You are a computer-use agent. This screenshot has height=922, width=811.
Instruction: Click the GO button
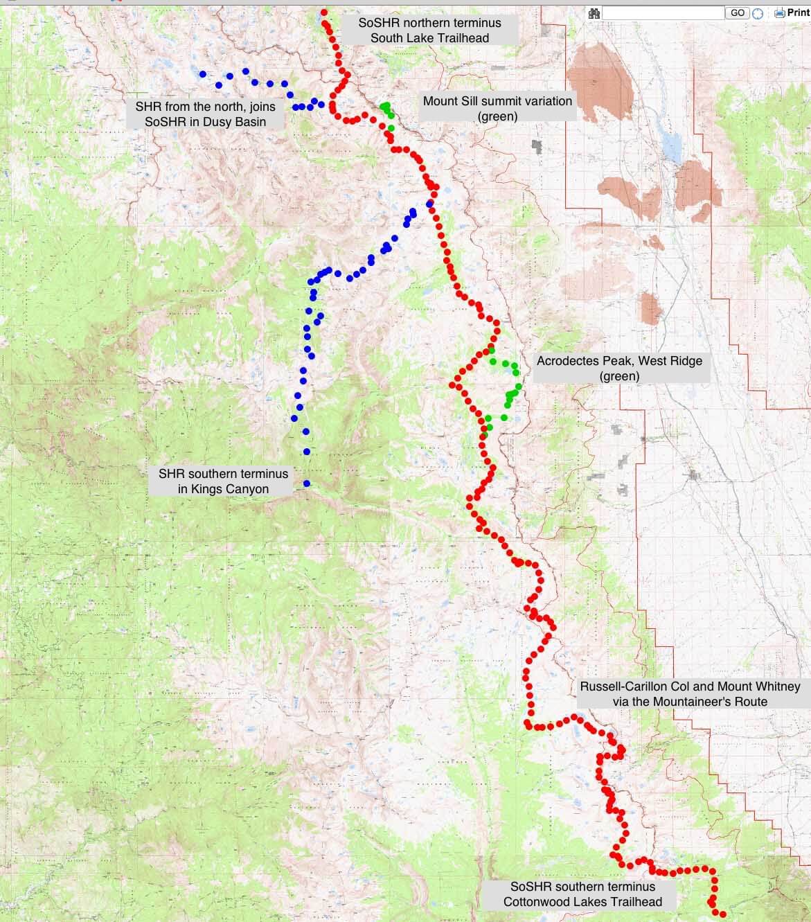(x=738, y=12)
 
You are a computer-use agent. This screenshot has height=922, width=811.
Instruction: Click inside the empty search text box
(x=663, y=12)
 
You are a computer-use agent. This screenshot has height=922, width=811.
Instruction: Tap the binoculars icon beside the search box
(x=594, y=12)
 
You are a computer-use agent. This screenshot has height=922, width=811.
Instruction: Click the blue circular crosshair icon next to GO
(x=758, y=13)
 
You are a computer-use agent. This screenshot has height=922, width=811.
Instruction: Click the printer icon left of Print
(x=779, y=12)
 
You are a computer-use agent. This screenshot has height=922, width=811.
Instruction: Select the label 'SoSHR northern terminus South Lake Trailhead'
(x=429, y=30)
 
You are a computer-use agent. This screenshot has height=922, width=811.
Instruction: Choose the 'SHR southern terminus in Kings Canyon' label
(x=223, y=481)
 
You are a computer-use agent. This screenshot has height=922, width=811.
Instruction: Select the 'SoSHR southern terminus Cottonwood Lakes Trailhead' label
(x=582, y=894)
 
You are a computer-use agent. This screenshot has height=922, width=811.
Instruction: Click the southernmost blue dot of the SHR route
(x=306, y=484)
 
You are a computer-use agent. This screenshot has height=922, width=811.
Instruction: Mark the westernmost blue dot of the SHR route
(x=202, y=74)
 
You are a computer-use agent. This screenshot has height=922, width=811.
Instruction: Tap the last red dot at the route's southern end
(x=722, y=914)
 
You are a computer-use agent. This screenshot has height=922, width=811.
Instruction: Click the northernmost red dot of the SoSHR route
(x=324, y=12)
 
